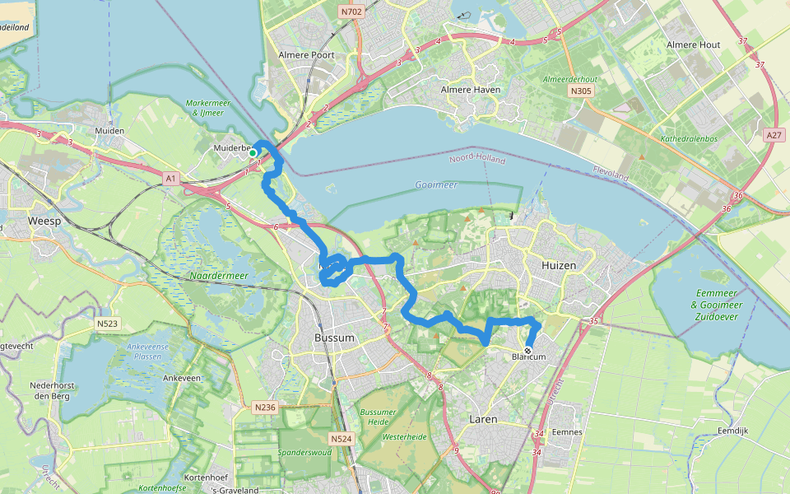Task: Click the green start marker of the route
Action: (x=253, y=152)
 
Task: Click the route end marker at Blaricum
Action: (x=527, y=350)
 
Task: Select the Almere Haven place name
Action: (x=471, y=89)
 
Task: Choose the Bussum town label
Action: (x=334, y=338)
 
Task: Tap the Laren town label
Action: (x=483, y=419)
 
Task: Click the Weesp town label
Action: (x=44, y=222)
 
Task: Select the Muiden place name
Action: (x=109, y=131)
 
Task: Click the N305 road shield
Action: (x=580, y=91)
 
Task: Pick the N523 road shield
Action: (x=108, y=324)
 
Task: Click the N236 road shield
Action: (x=264, y=408)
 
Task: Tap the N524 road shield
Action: (x=342, y=439)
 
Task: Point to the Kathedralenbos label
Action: (x=689, y=139)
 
